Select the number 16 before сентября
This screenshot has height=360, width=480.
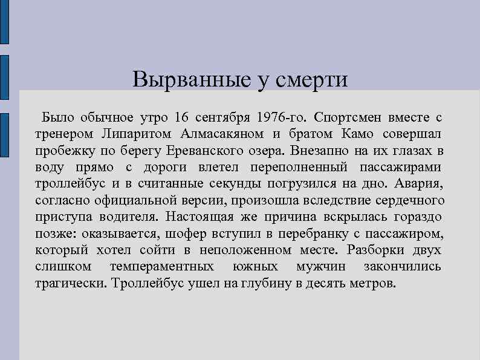tap(181, 116)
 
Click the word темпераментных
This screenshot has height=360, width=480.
tap(161, 267)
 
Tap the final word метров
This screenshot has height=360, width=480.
tap(373, 284)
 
